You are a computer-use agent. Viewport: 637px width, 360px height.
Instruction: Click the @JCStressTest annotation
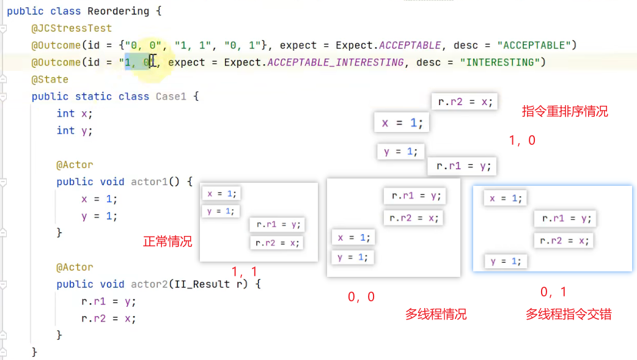[x=72, y=28]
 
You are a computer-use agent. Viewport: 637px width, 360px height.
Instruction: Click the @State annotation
[x=50, y=79]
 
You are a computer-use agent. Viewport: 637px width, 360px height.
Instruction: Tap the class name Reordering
[x=118, y=11]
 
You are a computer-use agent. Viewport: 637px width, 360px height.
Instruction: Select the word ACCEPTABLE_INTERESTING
[x=336, y=62]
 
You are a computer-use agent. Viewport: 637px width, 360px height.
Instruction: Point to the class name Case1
[x=171, y=97]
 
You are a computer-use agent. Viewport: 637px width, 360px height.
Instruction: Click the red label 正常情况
[x=168, y=241]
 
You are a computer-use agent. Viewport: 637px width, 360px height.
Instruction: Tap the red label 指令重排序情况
[x=565, y=112]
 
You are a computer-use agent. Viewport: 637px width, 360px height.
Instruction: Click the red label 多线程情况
[x=435, y=314]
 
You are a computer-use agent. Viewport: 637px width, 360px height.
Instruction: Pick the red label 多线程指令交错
[x=569, y=314]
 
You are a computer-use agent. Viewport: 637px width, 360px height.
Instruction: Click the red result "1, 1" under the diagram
[x=245, y=271]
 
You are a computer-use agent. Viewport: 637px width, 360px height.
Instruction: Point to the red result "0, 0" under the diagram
[x=361, y=297]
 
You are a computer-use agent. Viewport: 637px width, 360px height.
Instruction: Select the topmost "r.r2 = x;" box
[x=465, y=101]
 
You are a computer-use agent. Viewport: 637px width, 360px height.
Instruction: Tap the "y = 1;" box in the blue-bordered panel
[x=506, y=261]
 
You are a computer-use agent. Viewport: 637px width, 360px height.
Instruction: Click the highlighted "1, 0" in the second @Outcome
[x=138, y=62]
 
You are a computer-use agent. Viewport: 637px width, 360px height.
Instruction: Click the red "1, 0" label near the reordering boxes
[x=522, y=141]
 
